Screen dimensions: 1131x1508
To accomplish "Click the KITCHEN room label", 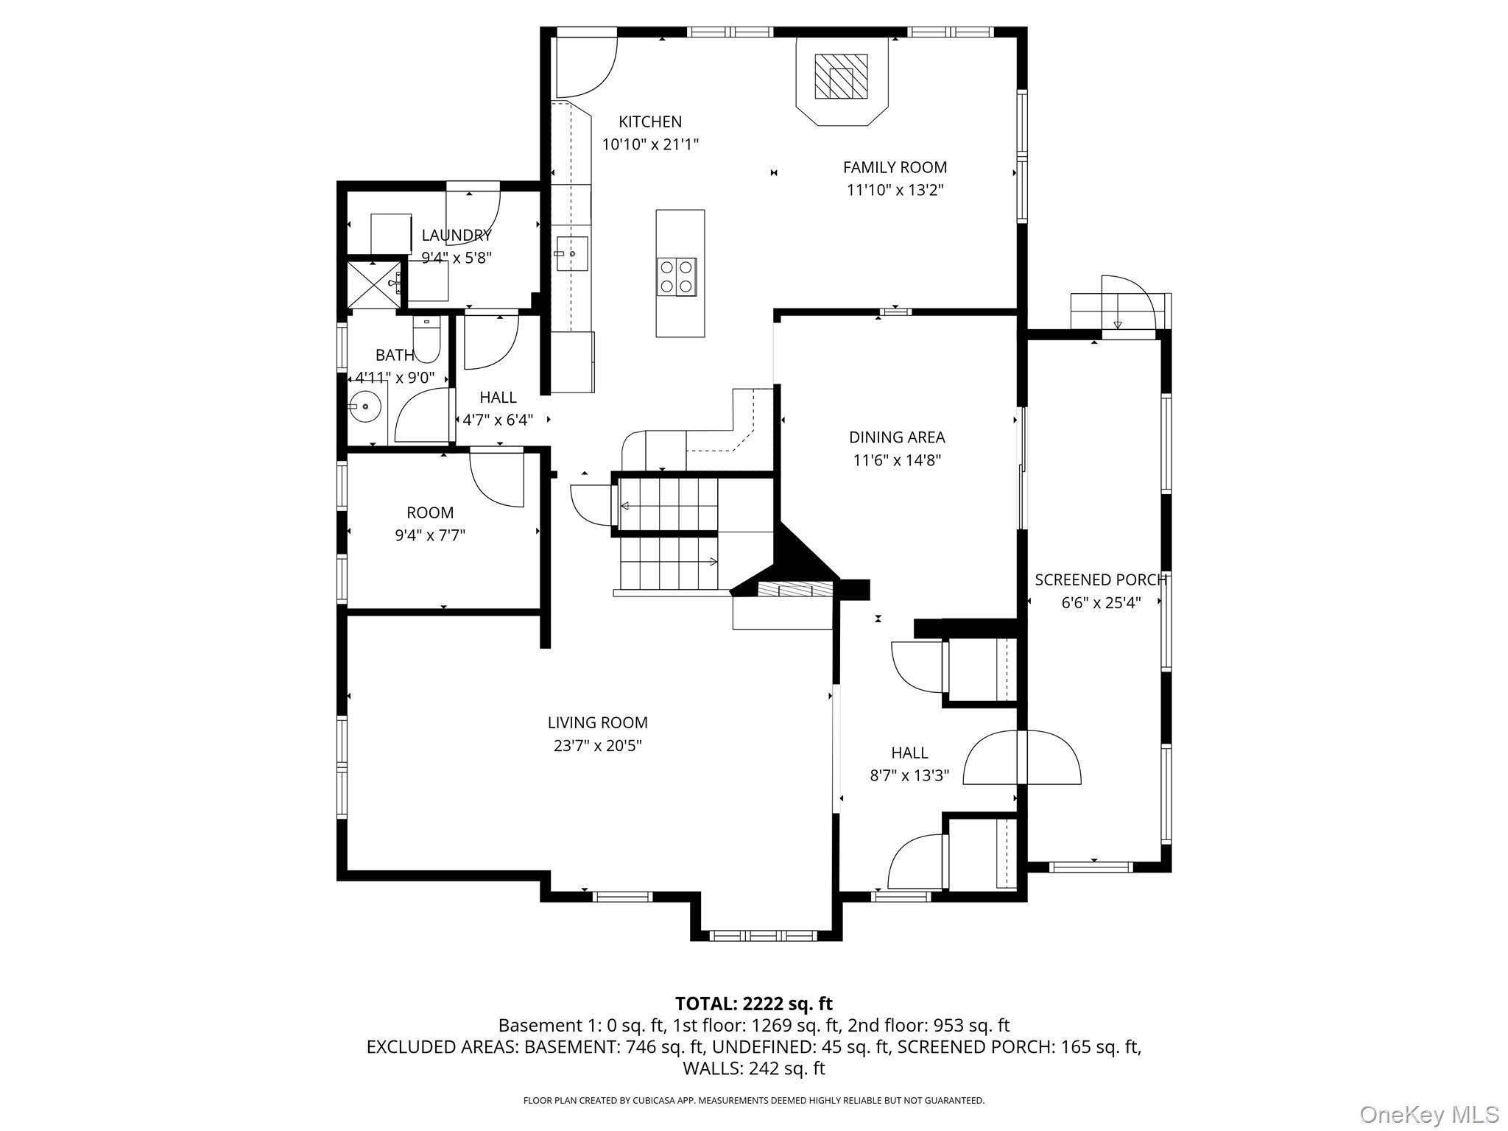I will [649, 121].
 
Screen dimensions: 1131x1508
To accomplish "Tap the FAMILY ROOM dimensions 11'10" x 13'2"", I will [895, 190].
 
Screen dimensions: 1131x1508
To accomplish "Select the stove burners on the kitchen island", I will [677, 277].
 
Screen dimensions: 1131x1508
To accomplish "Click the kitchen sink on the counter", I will [571, 253].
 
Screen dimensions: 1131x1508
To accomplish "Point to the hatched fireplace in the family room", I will [841, 77].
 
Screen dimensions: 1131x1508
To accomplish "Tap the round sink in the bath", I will [364, 406].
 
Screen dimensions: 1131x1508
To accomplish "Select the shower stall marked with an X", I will [374, 283].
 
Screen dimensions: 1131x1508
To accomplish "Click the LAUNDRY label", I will [457, 236].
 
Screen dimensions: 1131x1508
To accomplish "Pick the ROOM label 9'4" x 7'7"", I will [430, 512].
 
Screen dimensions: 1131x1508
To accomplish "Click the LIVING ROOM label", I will [597, 723].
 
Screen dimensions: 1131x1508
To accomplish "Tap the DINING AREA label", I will [896, 437].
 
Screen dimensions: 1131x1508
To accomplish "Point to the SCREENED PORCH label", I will [1100, 580].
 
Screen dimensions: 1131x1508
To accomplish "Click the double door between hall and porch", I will [1022, 758].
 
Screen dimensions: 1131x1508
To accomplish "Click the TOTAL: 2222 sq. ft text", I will [753, 1004].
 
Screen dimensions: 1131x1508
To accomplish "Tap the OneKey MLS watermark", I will [1429, 1114].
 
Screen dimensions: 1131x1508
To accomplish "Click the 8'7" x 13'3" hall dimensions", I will [909, 775].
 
